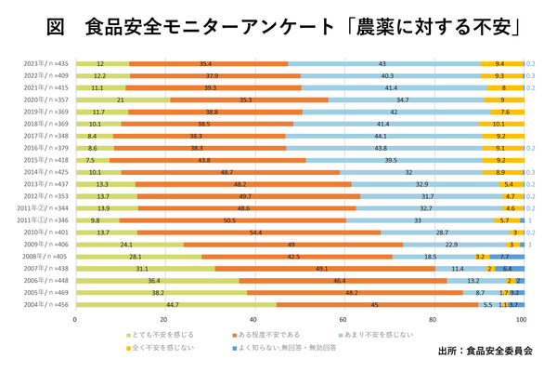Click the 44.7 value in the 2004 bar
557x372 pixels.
click(172, 304)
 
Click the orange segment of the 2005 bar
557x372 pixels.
click(354, 292)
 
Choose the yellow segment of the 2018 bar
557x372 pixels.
click(499, 123)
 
